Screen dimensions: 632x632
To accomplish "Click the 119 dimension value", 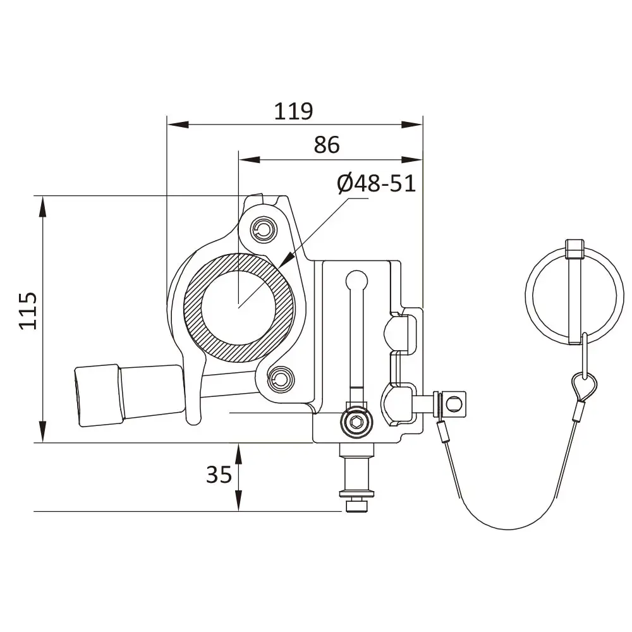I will (x=293, y=111).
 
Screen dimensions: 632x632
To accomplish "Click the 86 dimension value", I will (x=327, y=145).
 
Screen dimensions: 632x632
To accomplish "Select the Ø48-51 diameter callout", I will (x=376, y=184).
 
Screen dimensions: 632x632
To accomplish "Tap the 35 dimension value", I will (x=219, y=474).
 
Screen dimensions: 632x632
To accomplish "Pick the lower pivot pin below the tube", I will (x=280, y=379).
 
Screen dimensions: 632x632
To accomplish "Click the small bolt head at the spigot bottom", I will (x=356, y=506).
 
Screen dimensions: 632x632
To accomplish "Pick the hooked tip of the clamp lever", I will (x=193, y=418).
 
